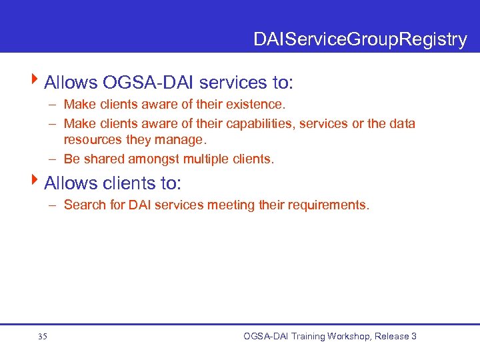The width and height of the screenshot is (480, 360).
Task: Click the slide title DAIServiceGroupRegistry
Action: coord(360,40)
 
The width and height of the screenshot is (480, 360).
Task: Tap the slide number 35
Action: coord(43,337)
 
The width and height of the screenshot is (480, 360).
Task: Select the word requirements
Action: coord(327,205)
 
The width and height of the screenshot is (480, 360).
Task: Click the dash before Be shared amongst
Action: coord(52,159)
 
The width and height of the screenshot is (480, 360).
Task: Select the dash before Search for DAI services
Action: coord(52,205)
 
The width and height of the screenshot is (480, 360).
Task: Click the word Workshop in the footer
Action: coord(345,337)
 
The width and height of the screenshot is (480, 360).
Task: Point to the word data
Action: coord(403,124)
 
